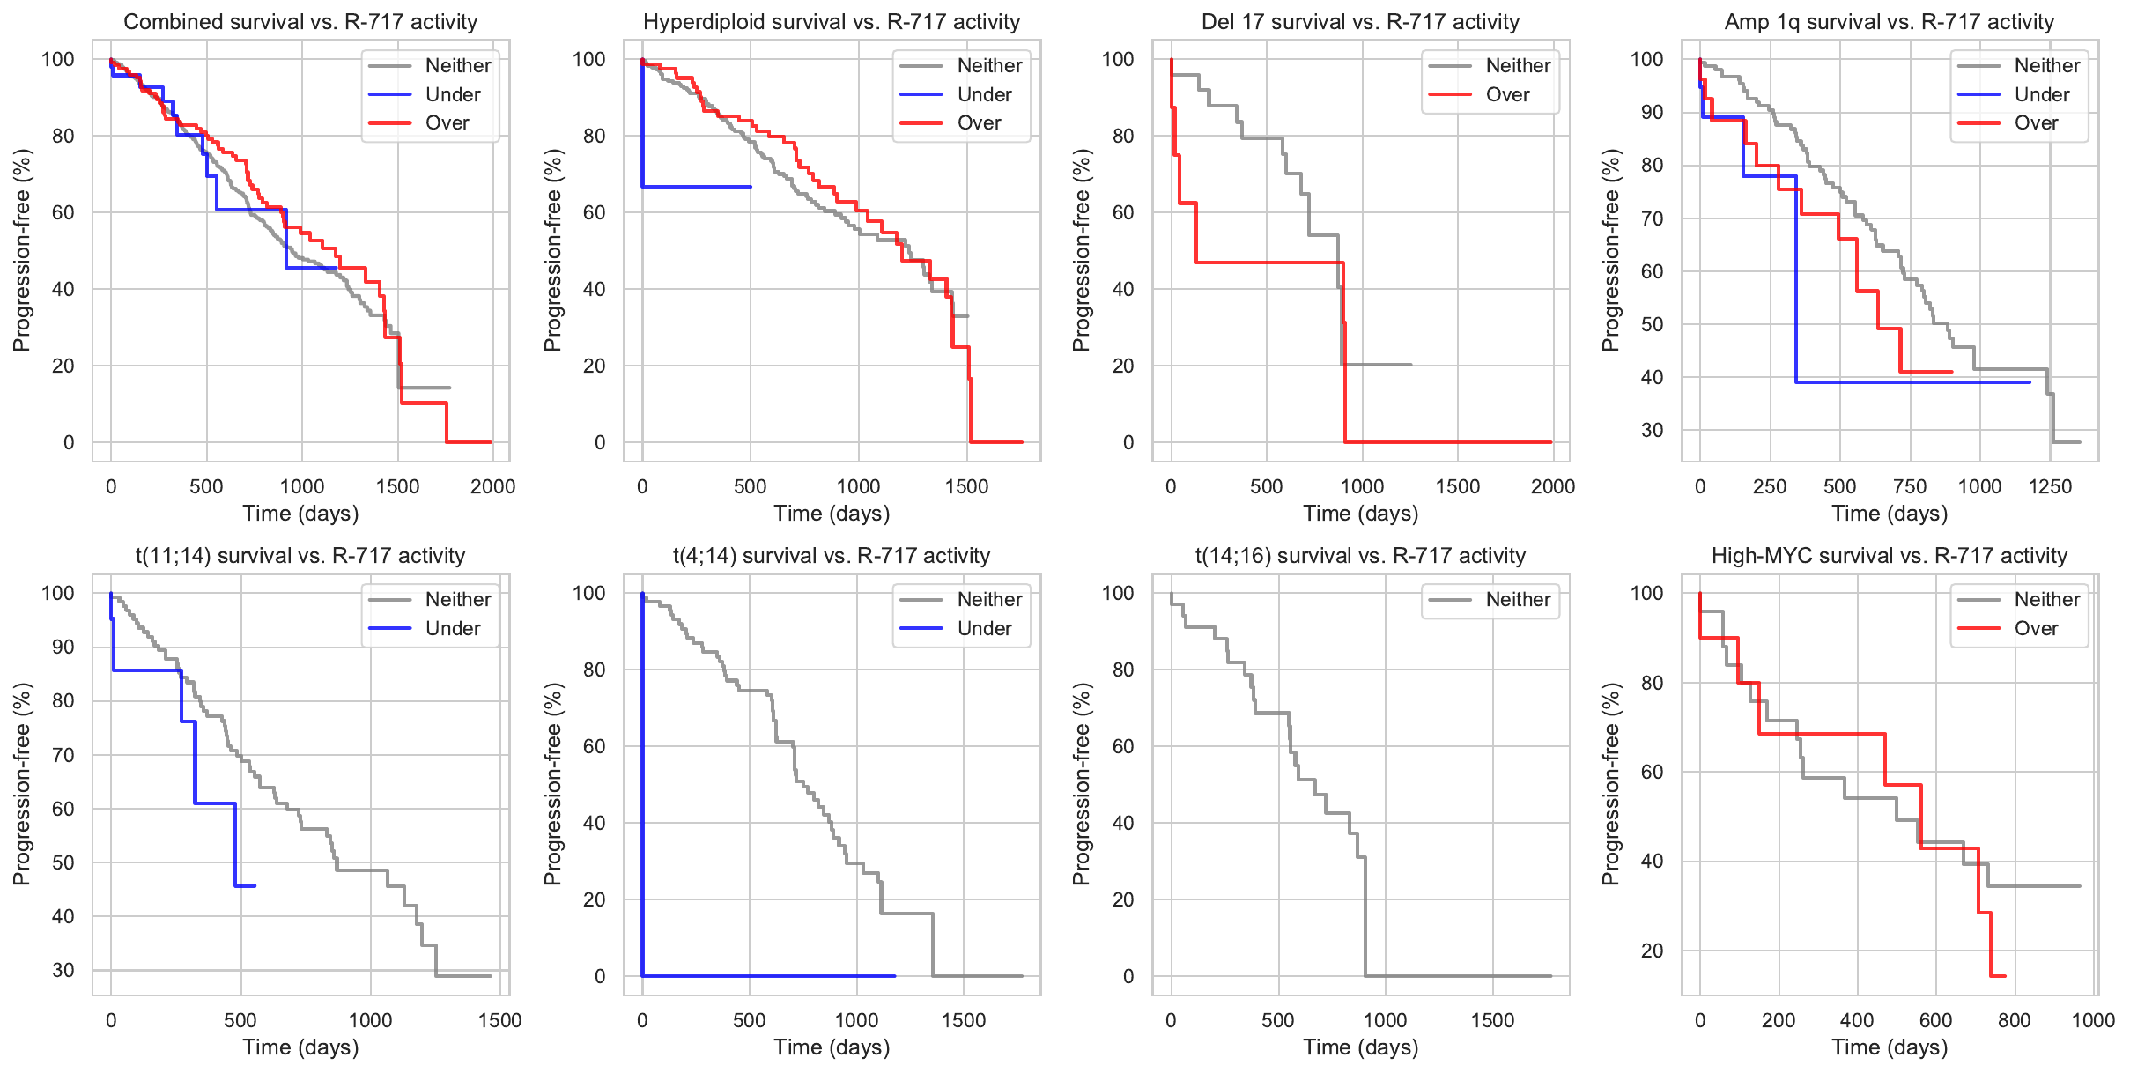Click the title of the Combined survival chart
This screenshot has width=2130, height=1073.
300,22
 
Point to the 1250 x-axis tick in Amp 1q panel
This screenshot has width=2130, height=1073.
2050,486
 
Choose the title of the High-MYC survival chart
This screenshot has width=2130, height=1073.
1889,556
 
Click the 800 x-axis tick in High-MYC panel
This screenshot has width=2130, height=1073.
2015,1020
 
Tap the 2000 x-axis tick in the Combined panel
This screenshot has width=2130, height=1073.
492,486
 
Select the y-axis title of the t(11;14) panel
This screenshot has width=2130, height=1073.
21,784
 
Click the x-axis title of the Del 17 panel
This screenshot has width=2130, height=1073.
1360,514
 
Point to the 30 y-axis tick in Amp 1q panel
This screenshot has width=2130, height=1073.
1652,430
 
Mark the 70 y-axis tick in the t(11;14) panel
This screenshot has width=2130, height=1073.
63,755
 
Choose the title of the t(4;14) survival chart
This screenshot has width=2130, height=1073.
831,556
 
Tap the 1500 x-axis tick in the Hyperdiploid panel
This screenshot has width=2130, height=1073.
966,486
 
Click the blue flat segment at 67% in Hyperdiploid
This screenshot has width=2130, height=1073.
696,187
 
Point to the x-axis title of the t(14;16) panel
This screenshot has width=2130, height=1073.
1360,1047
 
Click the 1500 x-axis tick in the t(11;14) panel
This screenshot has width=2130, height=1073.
499,1020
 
